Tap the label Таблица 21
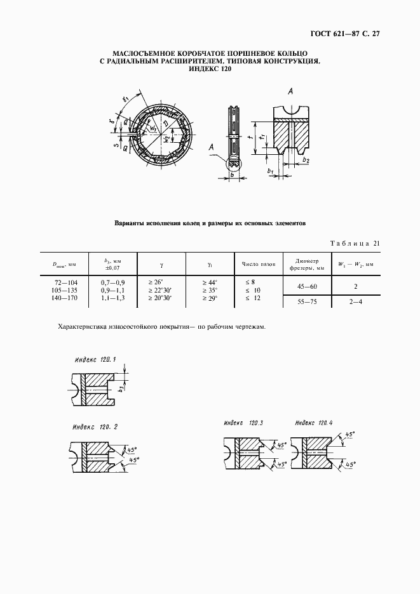(355, 243)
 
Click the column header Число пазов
(257, 263)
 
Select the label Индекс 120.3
(243, 423)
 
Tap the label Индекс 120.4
(314, 423)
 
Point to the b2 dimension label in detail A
(308, 161)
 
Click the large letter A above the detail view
(290, 92)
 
